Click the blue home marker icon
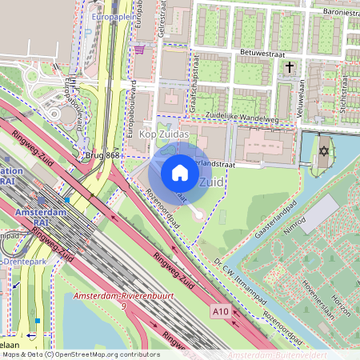coord(180,173)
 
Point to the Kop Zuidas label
coord(164,134)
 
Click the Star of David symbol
coord(324,150)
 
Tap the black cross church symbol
coord(290,69)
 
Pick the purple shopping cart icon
coord(141,50)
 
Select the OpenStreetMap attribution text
coord(80,354)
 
